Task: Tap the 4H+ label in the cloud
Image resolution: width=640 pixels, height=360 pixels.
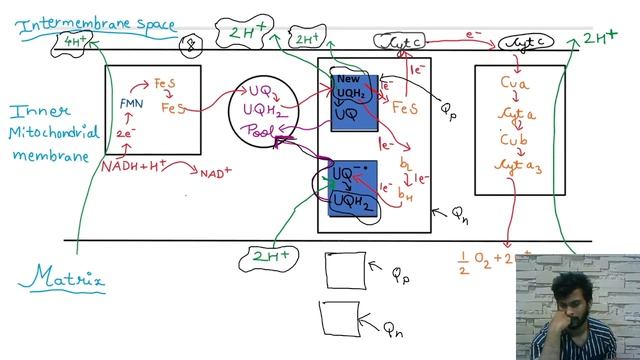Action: [x=74, y=41]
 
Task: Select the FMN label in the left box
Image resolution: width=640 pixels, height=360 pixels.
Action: [x=131, y=103]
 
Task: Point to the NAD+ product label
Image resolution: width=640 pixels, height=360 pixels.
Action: [x=215, y=174]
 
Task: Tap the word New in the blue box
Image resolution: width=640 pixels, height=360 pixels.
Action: [x=347, y=79]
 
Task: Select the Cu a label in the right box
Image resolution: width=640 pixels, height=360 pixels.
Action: [x=514, y=85]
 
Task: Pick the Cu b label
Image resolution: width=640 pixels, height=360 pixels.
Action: [x=513, y=140]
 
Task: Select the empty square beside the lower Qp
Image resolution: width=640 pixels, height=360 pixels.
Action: [x=345, y=271]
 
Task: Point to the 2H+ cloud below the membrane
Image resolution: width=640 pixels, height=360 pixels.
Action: [x=267, y=257]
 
